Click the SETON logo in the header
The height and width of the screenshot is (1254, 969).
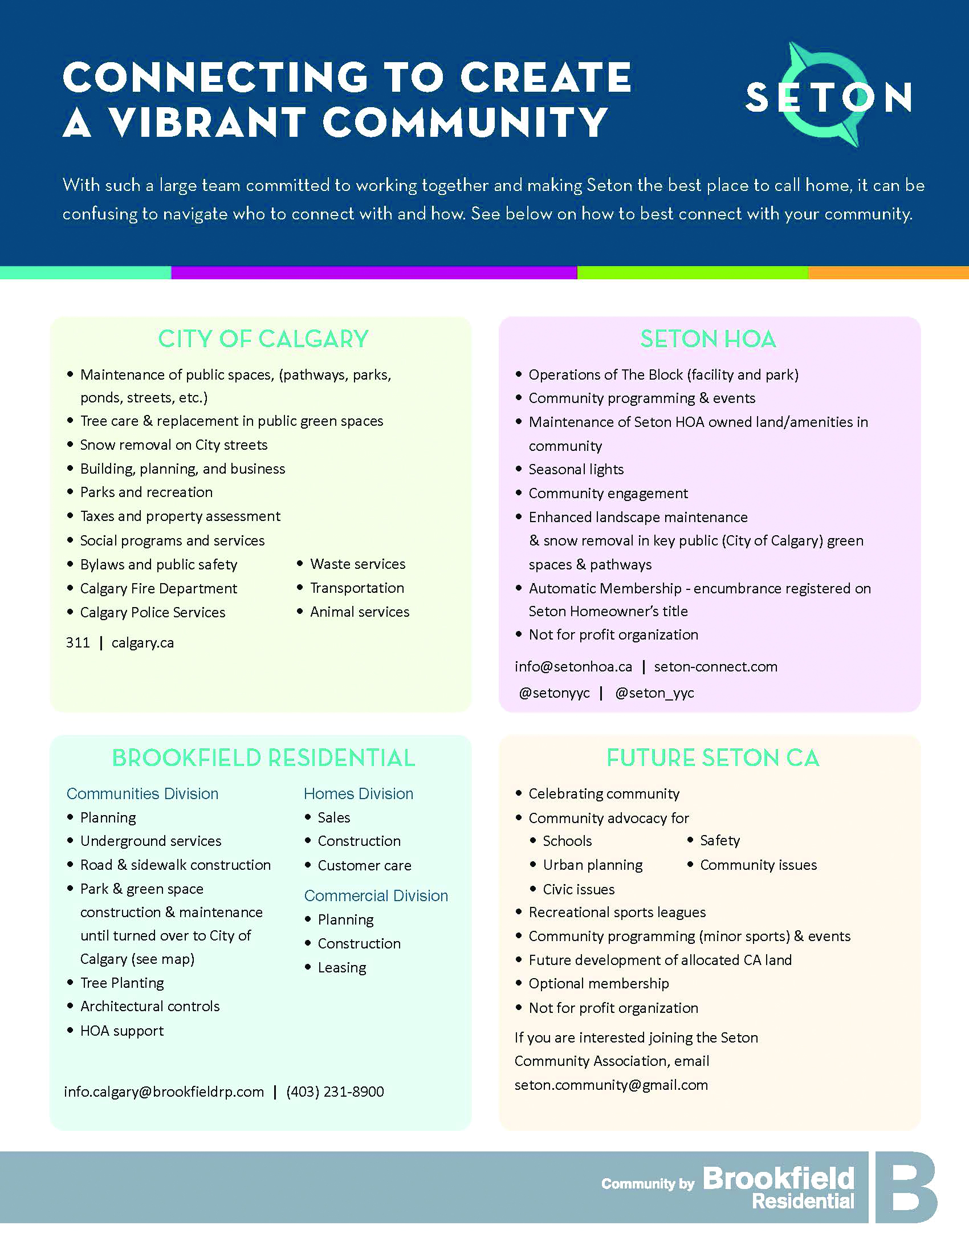828,96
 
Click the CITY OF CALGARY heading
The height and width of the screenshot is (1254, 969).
263,339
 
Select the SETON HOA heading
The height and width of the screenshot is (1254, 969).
709,339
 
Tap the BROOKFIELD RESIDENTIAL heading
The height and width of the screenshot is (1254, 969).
263,758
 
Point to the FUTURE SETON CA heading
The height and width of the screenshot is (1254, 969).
713,758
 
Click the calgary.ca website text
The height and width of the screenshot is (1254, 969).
142,642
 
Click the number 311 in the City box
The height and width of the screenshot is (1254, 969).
78,642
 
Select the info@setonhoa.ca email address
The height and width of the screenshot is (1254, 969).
573,667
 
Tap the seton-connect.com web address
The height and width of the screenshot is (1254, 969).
716,667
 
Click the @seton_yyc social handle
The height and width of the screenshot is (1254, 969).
654,693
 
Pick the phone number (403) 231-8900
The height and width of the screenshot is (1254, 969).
335,1092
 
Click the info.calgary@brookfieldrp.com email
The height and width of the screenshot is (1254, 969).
164,1092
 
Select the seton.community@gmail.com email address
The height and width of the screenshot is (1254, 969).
612,1085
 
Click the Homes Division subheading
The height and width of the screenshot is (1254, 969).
359,793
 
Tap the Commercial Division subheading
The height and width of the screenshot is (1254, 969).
376,895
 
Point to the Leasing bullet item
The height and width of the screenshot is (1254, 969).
342,967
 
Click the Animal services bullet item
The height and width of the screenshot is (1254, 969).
360,612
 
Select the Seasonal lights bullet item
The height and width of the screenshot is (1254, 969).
576,470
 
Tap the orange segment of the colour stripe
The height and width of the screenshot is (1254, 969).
888,272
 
